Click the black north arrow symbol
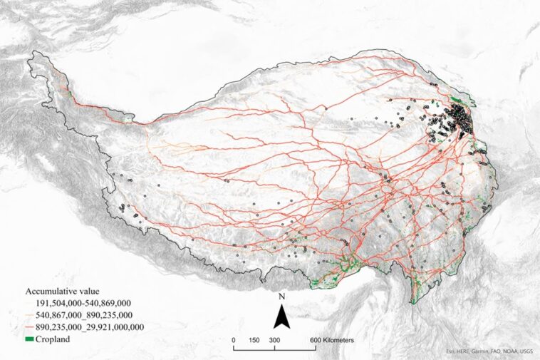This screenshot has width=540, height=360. pos(282,314)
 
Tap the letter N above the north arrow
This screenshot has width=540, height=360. pos(282,295)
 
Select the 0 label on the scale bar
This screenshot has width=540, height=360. pos(234,341)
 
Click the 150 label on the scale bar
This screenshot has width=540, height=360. pos(254,341)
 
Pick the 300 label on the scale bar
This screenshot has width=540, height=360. pos(274,341)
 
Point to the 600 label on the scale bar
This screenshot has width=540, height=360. pos(313,341)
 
